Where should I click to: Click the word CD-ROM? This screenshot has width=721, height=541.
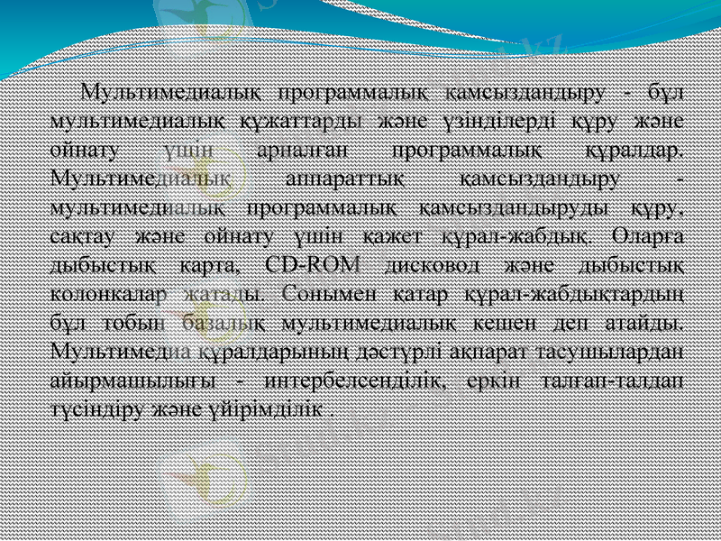pos(313,265)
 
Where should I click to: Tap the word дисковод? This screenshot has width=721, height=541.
pos(425,265)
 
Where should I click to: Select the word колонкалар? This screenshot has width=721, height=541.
pos(108,294)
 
